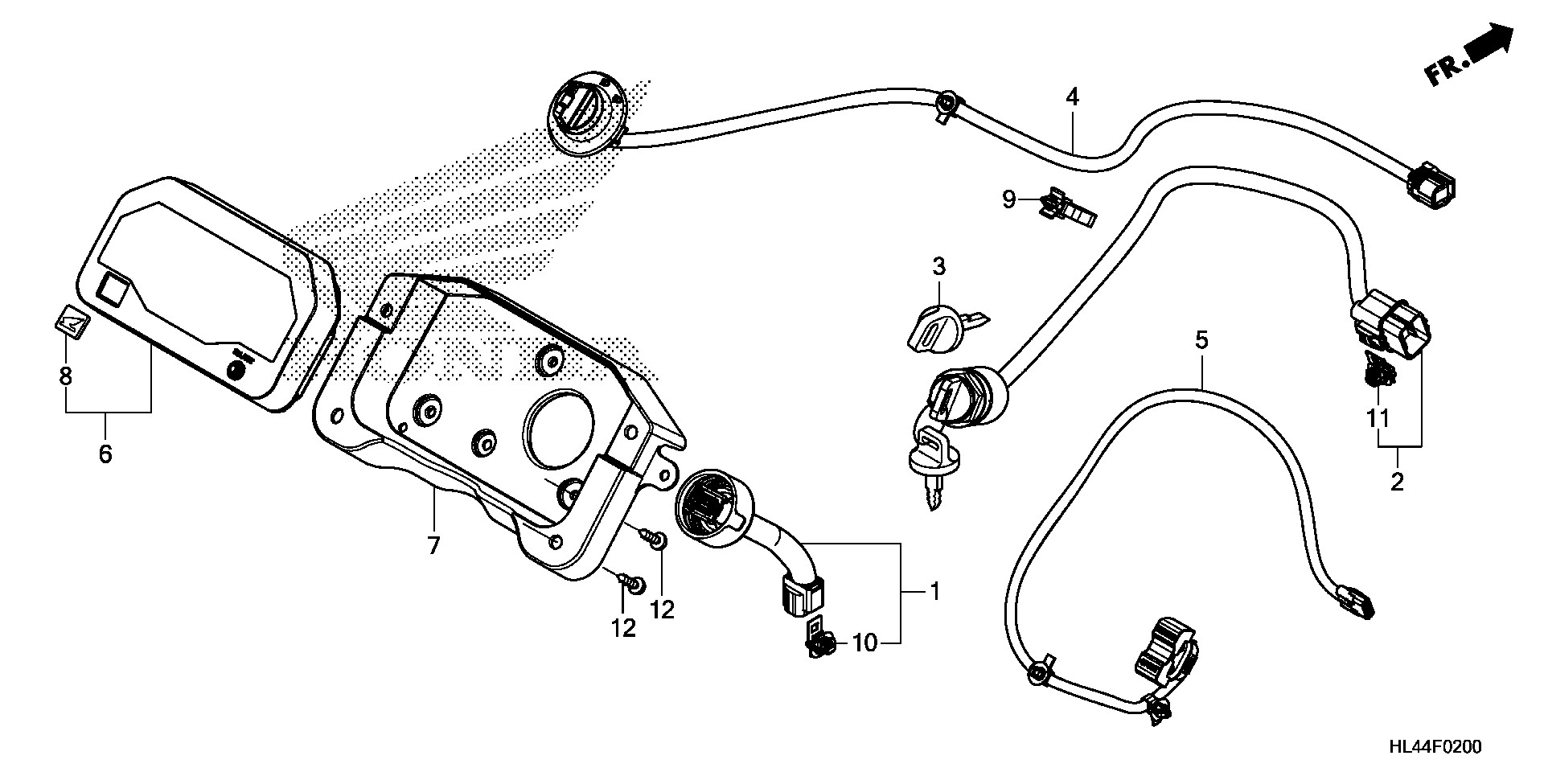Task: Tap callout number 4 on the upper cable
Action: tap(1072, 97)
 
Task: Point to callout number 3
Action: tap(938, 265)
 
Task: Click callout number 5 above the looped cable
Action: tap(1201, 339)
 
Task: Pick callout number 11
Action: tap(1379, 418)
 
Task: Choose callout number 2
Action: tap(1397, 482)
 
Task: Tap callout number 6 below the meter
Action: tap(105, 454)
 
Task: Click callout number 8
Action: tap(66, 376)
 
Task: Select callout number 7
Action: tap(433, 546)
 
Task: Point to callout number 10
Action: tap(863, 643)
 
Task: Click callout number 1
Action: tap(934, 592)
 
